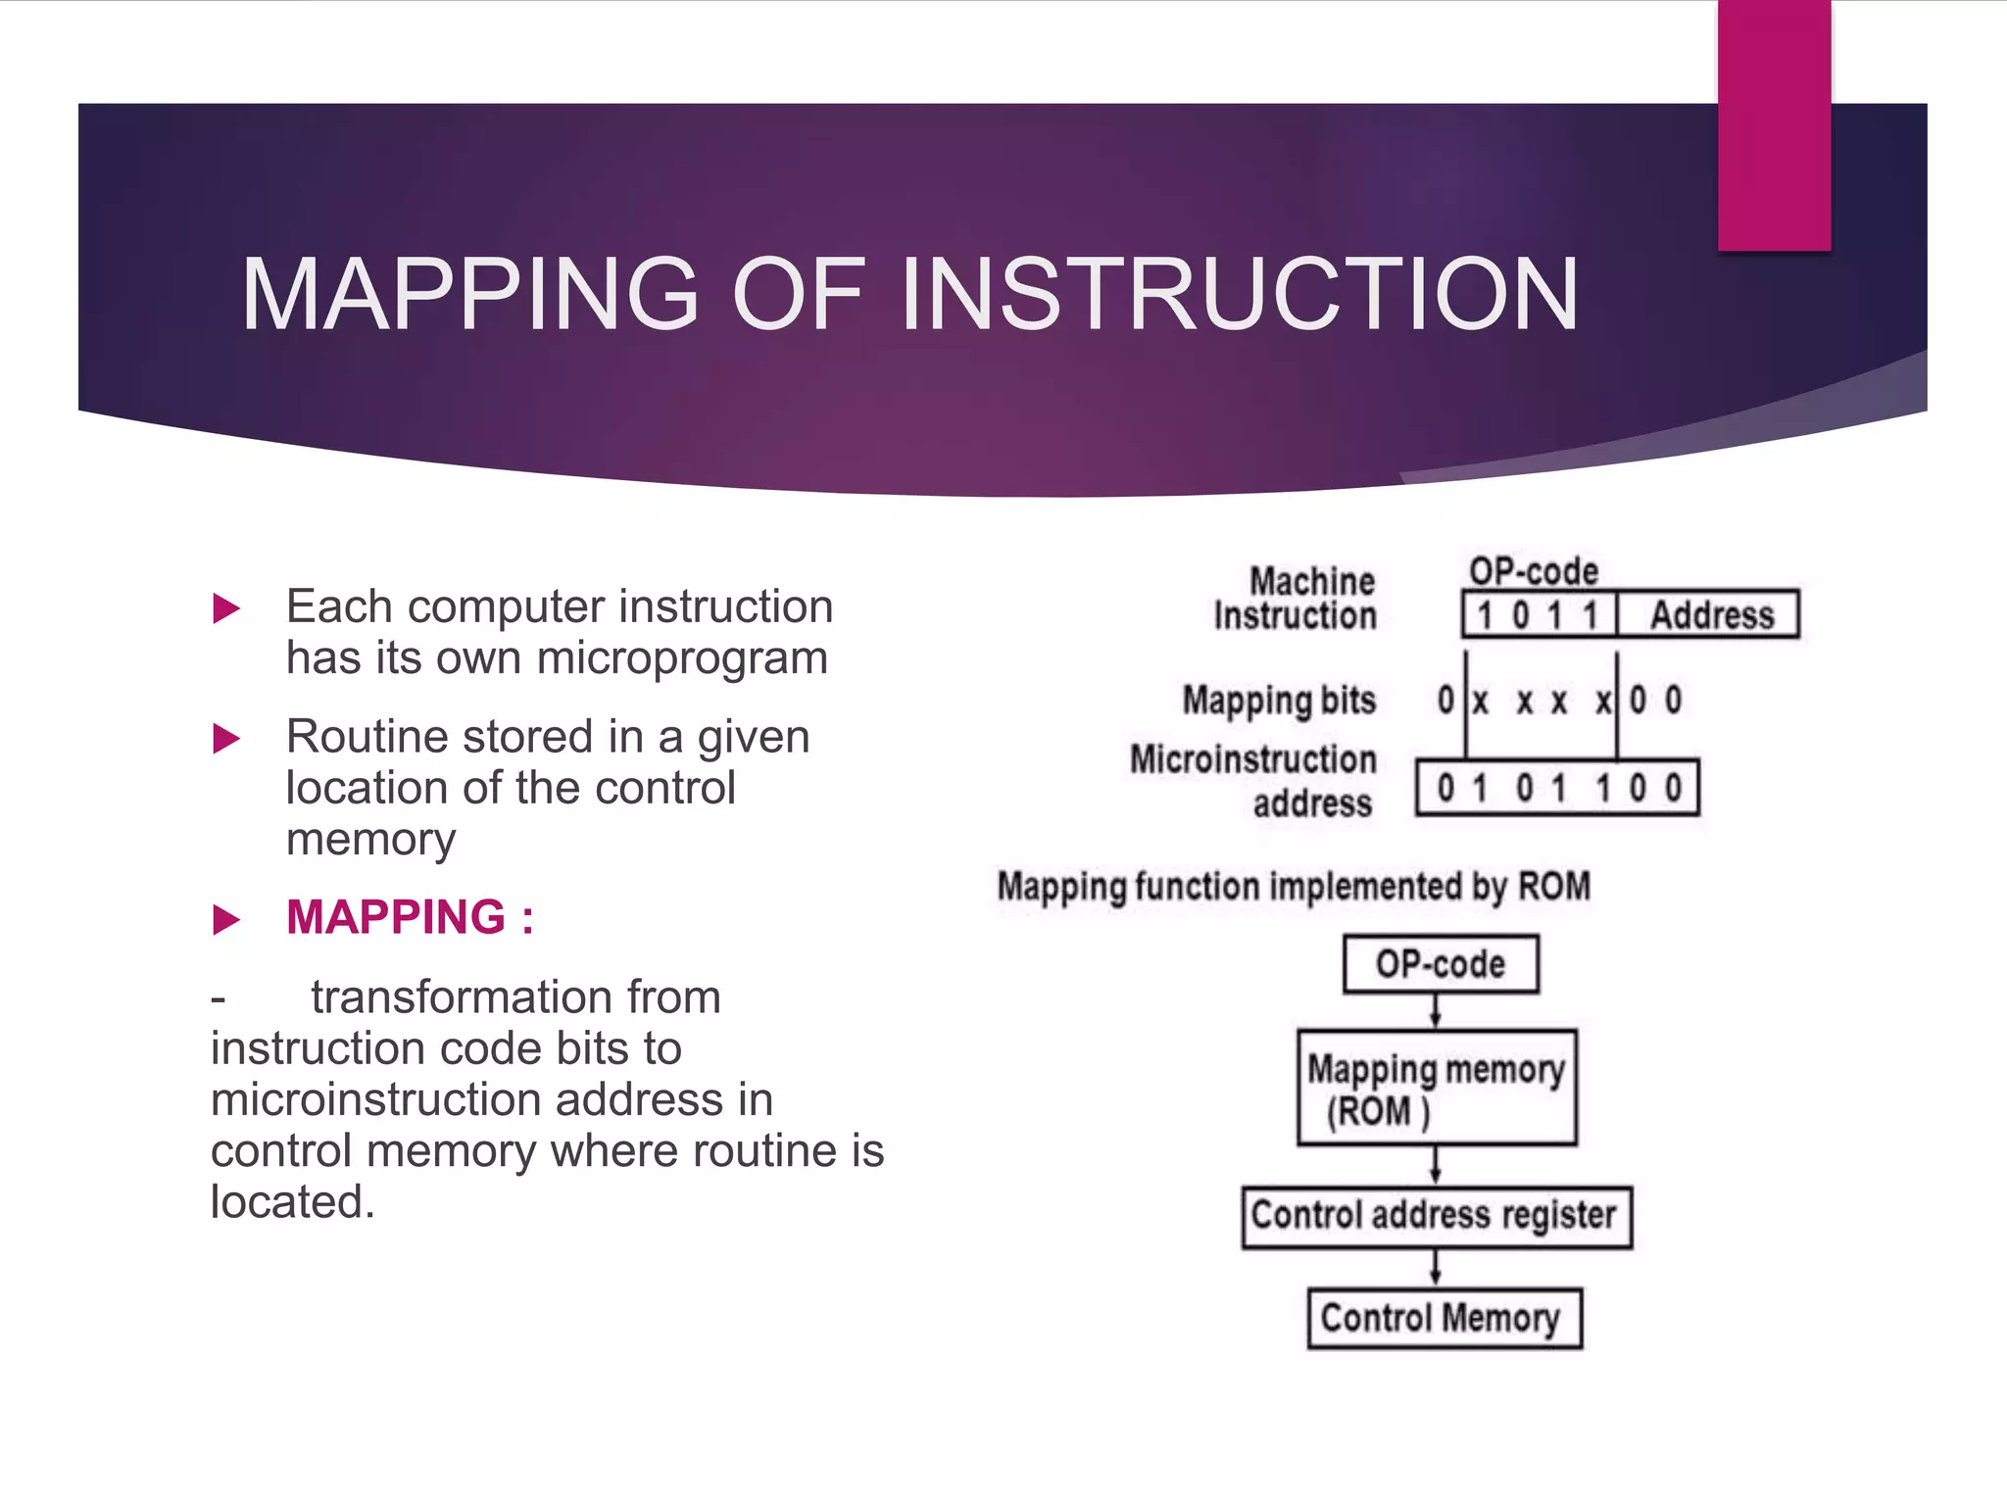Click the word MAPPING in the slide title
[x=470, y=294]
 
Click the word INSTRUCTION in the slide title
[x=1239, y=294]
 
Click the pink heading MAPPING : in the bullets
[x=410, y=917]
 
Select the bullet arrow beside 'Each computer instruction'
[x=226, y=608]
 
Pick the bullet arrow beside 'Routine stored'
[x=226, y=739]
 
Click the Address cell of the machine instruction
[x=1711, y=615]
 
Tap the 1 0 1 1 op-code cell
[x=1539, y=615]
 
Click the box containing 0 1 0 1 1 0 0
[x=1558, y=788]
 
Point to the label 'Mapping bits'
[x=1279, y=701]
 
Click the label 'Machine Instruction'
[x=1296, y=598]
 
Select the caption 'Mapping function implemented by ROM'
[x=1294, y=886]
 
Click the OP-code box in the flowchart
[x=1440, y=964]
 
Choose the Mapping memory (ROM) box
[x=1437, y=1088]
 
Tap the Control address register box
[x=1437, y=1217]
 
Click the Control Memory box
[x=1444, y=1319]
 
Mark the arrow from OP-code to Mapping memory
[x=1436, y=1011]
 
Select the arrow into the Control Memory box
[x=1436, y=1269]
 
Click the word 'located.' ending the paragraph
[x=293, y=1202]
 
